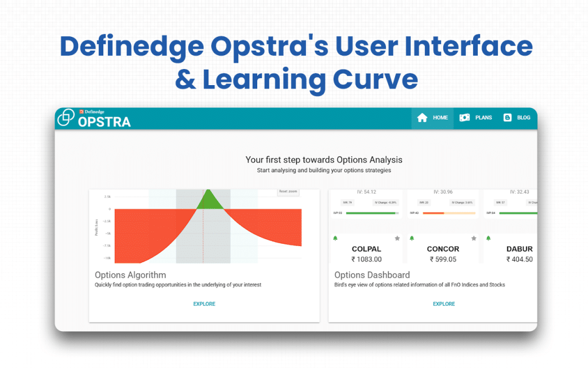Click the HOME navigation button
[432, 118]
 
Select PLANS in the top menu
[475, 118]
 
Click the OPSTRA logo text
[104, 122]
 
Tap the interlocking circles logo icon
[67, 117]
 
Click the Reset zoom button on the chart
[288, 191]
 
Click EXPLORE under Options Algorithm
[204, 304]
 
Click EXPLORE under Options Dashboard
[443, 304]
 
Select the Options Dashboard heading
[372, 275]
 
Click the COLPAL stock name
[366, 249]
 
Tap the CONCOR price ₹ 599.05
[443, 259]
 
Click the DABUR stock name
[519, 249]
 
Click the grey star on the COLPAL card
[397, 238]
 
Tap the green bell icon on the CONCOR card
[411, 238]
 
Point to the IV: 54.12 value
[366, 191]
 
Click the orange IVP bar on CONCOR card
[433, 213]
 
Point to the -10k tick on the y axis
[107, 258]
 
